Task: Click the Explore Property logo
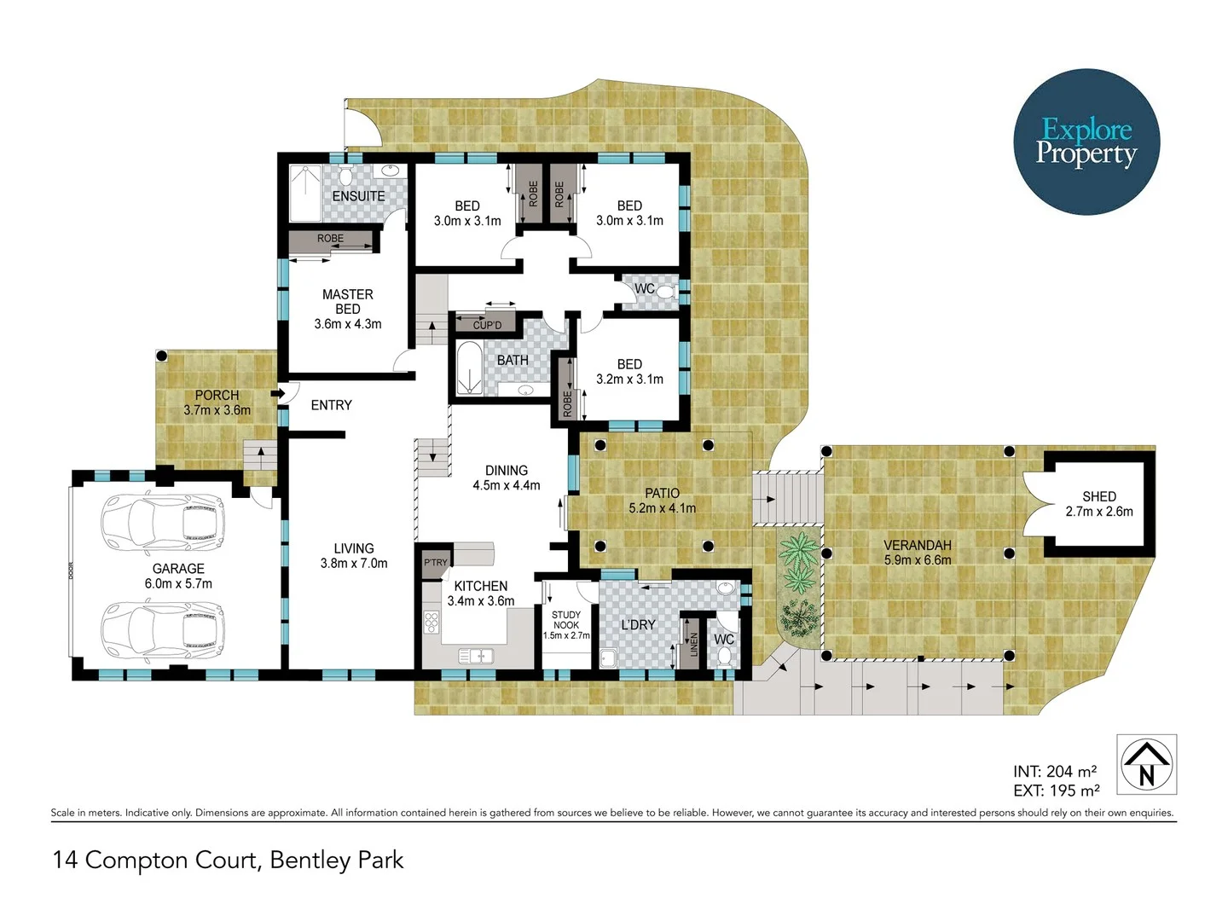(1086, 142)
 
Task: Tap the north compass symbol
(1146, 763)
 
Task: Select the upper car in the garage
(162, 522)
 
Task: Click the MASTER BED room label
(347, 301)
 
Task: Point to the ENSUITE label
(358, 196)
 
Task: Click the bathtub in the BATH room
(469, 368)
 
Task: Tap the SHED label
(1098, 496)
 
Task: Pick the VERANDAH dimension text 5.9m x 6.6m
(918, 560)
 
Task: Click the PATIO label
(662, 493)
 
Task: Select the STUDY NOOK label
(566, 620)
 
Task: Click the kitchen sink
(476, 656)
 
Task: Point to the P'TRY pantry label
(436, 562)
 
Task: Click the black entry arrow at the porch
(278, 393)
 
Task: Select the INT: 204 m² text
(1055, 772)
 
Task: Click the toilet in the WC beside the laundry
(724, 656)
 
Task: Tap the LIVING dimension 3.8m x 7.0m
(354, 564)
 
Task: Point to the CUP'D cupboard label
(487, 325)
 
